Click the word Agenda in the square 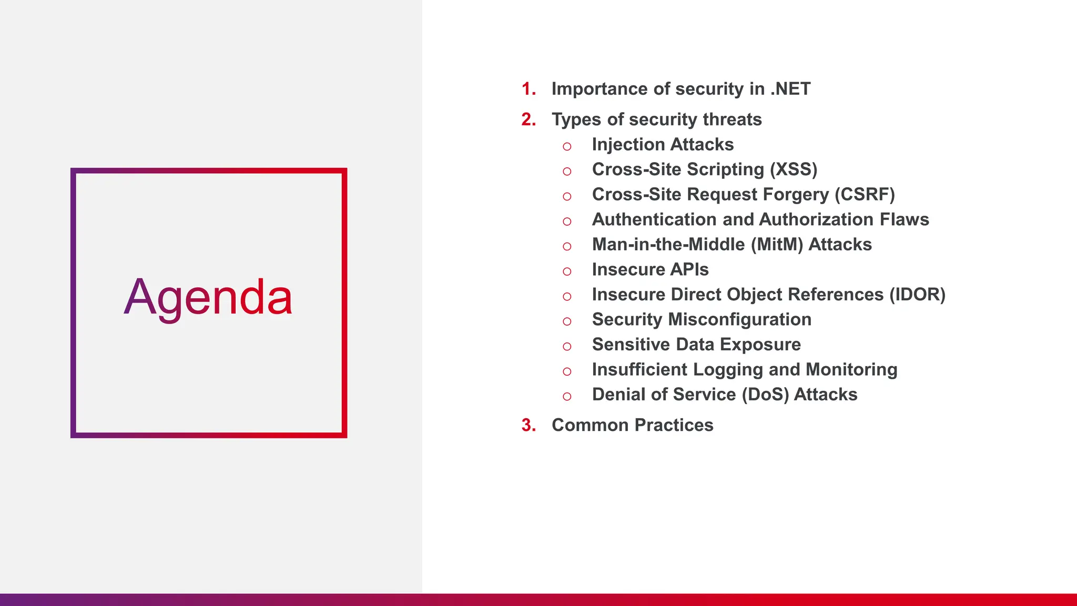pyautogui.click(x=208, y=298)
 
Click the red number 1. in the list pyautogui.click(x=529, y=89)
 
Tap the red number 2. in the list pyautogui.click(x=529, y=119)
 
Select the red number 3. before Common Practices pyautogui.click(x=529, y=425)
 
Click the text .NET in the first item pyautogui.click(x=790, y=89)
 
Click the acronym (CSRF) pyautogui.click(x=865, y=195)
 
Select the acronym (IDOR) pyautogui.click(x=917, y=295)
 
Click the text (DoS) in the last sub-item pyautogui.click(x=765, y=395)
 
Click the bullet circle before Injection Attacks pyautogui.click(x=567, y=147)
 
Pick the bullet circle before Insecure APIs pyautogui.click(x=567, y=272)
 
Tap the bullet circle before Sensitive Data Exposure pyautogui.click(x=567, y=347)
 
